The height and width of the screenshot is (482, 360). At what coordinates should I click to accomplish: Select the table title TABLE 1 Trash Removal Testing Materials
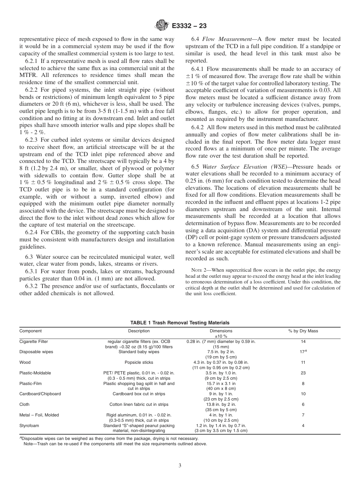coord(180,322)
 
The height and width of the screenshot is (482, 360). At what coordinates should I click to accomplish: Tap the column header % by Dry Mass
coord(303,331)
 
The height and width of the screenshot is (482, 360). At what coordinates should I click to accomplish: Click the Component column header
coord(31,331)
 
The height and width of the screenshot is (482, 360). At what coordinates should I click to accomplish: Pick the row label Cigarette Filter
coord(34,341)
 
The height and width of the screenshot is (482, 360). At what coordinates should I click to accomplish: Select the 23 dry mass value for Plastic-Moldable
coord(303,373)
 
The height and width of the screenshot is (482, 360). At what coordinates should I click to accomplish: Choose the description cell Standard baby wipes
coord(139,352)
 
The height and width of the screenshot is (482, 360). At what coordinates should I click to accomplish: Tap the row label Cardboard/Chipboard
coord(40,394)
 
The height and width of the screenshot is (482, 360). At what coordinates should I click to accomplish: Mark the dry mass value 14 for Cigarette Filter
coord(303,341)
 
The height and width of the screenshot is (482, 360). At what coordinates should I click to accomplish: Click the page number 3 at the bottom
coord(180,465)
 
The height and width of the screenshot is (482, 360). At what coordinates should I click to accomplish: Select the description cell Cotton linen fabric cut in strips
coord(139,404)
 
